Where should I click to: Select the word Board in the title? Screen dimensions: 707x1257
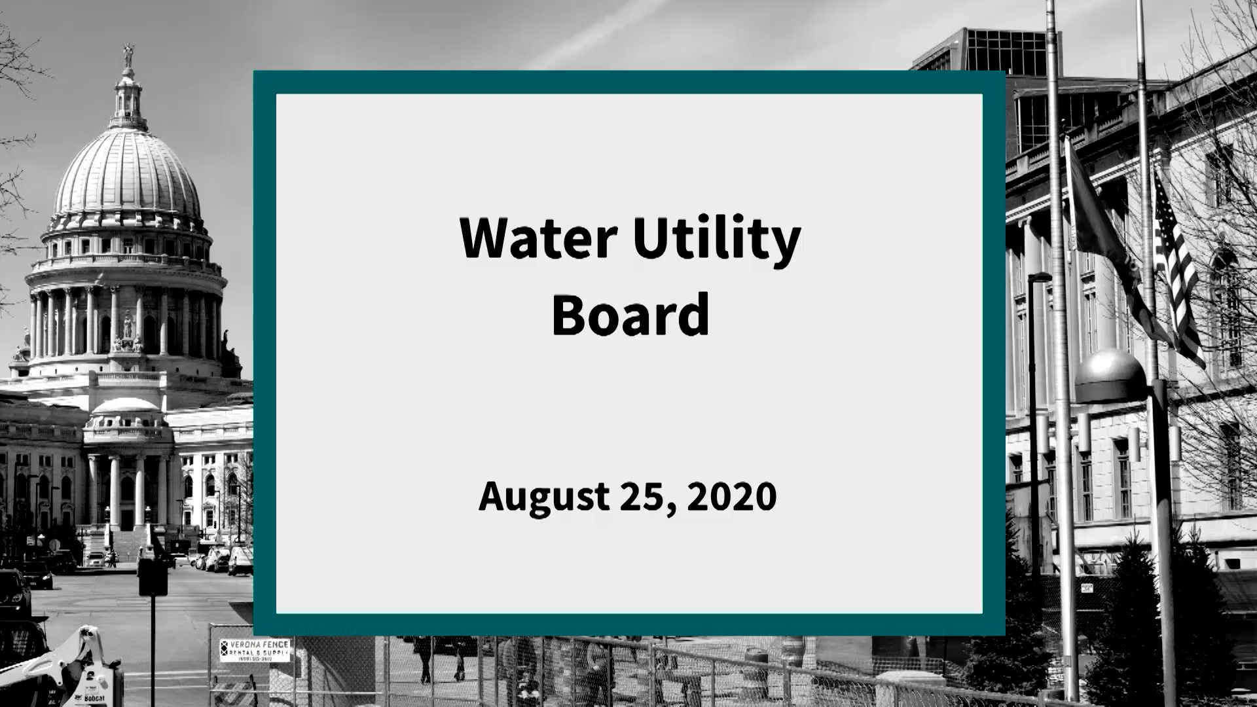[x=630, y=315]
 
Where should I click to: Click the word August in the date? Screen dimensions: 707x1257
[x=544, y=497]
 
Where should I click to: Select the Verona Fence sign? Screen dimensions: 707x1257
[x=254, y=651]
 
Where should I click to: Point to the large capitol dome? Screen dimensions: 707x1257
[x=128, y=177]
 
